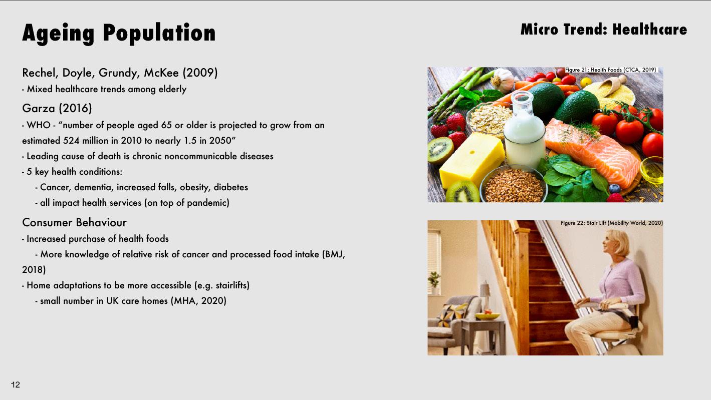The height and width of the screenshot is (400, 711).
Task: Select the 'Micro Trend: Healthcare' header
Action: point(604,30)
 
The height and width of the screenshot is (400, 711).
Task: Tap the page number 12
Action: point(16,385)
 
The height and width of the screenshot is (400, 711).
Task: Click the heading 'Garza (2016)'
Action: point(57,109)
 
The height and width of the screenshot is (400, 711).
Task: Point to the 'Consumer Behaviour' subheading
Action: point(74,223)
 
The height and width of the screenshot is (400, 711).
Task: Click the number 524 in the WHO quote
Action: point(71,141)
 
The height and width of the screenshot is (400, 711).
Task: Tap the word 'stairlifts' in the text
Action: point(231,285)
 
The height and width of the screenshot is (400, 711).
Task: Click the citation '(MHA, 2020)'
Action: point(199,301)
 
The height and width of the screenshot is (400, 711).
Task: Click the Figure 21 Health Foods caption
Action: point(611,70)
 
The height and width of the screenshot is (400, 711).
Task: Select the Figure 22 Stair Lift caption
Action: point(612,223)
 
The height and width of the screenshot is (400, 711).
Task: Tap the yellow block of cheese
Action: point(471,160)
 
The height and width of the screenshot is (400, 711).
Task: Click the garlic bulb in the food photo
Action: point(502,80)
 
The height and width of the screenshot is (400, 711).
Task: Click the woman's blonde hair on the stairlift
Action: point(619,242)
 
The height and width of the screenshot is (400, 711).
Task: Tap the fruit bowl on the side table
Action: point(487,315)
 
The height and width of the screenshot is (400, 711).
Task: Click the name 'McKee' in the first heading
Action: point(161,73)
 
